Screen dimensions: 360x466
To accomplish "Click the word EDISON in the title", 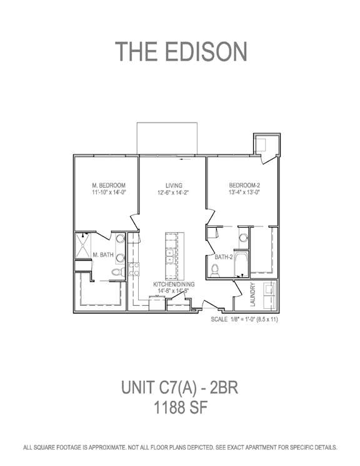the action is click(x=206, y=51).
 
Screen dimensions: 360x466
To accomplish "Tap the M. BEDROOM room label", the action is click(x=109, y=185).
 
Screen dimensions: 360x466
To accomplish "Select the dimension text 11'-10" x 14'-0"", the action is click(x=109, y=192).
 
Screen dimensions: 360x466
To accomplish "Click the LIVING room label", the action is click(x=174, y=186).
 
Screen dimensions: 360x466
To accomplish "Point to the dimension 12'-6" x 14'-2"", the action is click(x=173, y=193).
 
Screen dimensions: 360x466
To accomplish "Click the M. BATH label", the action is click(x=103, y=255).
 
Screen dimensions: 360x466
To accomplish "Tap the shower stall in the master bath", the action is click(x=82, y=246).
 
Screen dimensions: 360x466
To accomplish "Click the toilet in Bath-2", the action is click(x=214, y=270).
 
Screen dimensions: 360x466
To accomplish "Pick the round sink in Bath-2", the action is click(x=244, y=238).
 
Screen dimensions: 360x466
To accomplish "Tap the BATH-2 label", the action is click(x=223, y=257).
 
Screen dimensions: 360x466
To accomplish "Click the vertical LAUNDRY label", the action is click(x=252, y=295).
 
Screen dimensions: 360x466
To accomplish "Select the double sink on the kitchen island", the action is click(x=170, y=256).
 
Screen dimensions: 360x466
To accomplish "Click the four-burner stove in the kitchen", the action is click(x=134, y=269).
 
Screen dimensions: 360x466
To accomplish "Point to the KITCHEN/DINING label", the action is click(x=174, y=285).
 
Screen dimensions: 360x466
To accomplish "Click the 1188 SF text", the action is click(x=180, y=407).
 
